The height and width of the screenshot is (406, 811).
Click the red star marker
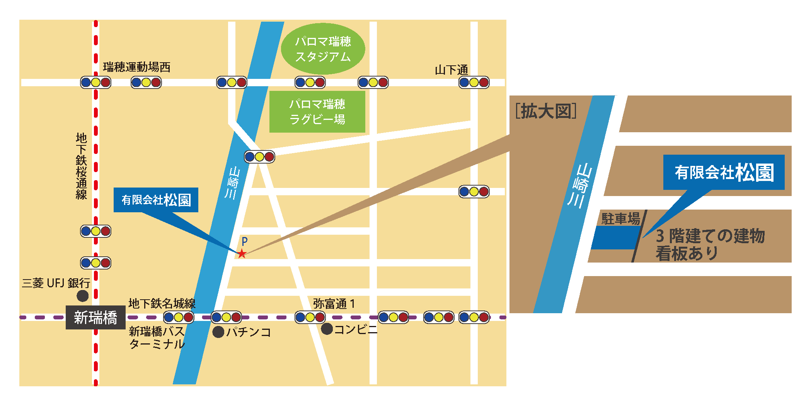tap(242, 254)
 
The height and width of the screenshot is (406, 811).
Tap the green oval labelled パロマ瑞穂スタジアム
tap(323, 49)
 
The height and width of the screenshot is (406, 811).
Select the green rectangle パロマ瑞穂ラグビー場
tap(317, 112)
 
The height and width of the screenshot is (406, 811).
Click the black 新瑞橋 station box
tap(95, 317)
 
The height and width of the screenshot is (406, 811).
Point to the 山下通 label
tap(451, 70)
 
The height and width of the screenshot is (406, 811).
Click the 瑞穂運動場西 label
tap(136, 67)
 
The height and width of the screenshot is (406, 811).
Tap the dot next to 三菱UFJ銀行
tap(82, 296)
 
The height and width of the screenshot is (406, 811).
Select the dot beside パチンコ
tap(218, 332)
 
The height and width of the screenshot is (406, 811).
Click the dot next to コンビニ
tap(327, 329)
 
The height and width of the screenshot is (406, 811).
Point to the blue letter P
tap(244, 241)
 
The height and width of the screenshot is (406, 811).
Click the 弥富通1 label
tap(334, 304)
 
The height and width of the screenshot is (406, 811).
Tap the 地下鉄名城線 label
tap(162, 304)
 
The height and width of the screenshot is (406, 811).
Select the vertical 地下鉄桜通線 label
tap(81, 166)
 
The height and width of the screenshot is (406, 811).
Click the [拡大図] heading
tap(545, 111)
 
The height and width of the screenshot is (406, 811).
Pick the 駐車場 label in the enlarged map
tap(620, 219)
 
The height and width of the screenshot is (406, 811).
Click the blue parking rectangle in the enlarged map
tap(615, 237)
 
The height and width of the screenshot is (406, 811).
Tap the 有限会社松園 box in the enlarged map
tap(724, 172)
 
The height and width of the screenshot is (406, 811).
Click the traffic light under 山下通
tap(474, 82)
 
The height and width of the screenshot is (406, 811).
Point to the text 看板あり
tap(687, 254)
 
